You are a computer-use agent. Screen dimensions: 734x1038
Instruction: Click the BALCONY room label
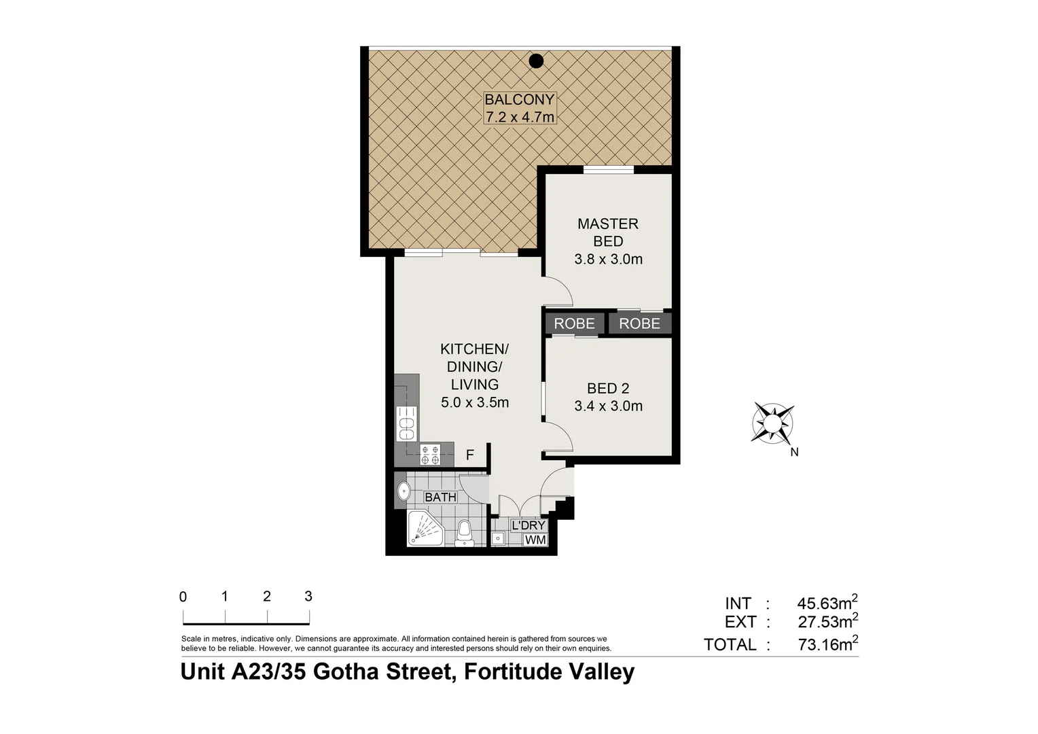tap(520, 99)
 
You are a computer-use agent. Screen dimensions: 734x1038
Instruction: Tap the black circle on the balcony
tap(537, 61)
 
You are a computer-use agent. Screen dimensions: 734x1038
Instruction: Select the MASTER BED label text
tap(608, 232)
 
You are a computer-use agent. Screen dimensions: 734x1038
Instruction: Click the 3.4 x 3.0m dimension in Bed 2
tap(608, 406)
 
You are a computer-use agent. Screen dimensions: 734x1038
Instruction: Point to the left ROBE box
tap(574, 324)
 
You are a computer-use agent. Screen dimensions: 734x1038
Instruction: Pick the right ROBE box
tap(639, 324)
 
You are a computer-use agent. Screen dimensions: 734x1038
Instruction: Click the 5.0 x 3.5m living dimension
tap(475, 402)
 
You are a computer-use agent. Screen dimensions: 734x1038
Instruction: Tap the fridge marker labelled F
tap(469, 455)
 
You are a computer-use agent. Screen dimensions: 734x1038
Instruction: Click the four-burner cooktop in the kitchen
tap(429, 454)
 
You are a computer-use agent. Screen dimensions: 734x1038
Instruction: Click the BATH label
tap(440, 497)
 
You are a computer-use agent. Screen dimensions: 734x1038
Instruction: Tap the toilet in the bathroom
tap(465, 532)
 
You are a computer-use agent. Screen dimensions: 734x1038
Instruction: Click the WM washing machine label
tap(535, 540)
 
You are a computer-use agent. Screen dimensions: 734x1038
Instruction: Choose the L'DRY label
tap(529, 525)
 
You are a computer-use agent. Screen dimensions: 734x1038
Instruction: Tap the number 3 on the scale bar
tap(308, 596)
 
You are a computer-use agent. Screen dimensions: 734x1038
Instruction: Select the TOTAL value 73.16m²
tap(827, 644)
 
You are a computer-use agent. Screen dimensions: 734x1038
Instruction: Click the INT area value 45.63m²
tap(827, 603)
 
